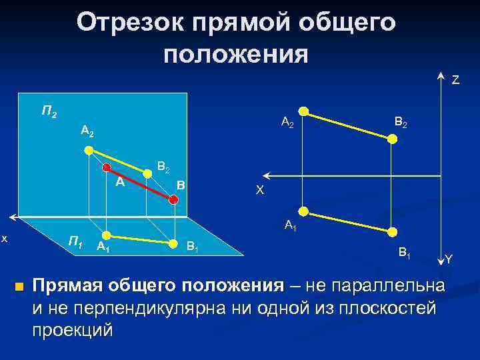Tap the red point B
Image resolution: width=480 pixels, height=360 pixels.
[173, 199]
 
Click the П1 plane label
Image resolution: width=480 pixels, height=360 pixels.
[76, 241]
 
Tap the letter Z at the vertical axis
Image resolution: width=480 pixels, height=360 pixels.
[455, 81]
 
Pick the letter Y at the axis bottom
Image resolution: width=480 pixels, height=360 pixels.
[449, 259]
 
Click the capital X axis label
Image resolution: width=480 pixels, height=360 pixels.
[260, 191]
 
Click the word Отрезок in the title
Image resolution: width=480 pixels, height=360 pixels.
[129, 23]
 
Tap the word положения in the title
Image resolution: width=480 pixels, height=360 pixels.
[235, 54]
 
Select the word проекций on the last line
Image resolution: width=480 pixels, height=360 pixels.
[73, 330]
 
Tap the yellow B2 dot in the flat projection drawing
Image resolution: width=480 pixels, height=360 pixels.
[393, 139]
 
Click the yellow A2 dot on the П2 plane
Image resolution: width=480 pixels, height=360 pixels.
[90, 150]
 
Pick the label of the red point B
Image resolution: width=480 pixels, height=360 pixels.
[181, 185]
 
